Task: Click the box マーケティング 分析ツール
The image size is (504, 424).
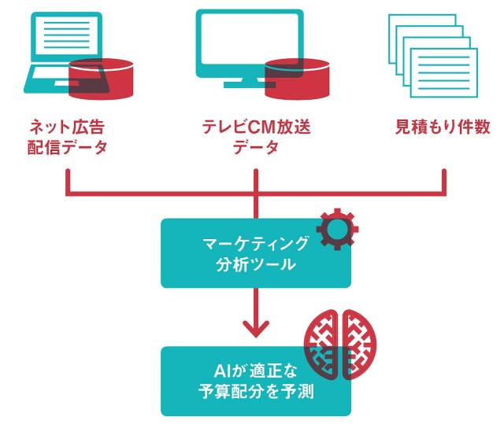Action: coord(255,253)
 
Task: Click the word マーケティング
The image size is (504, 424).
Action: coord(256,242)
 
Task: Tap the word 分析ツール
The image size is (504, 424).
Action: coord(256,264)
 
